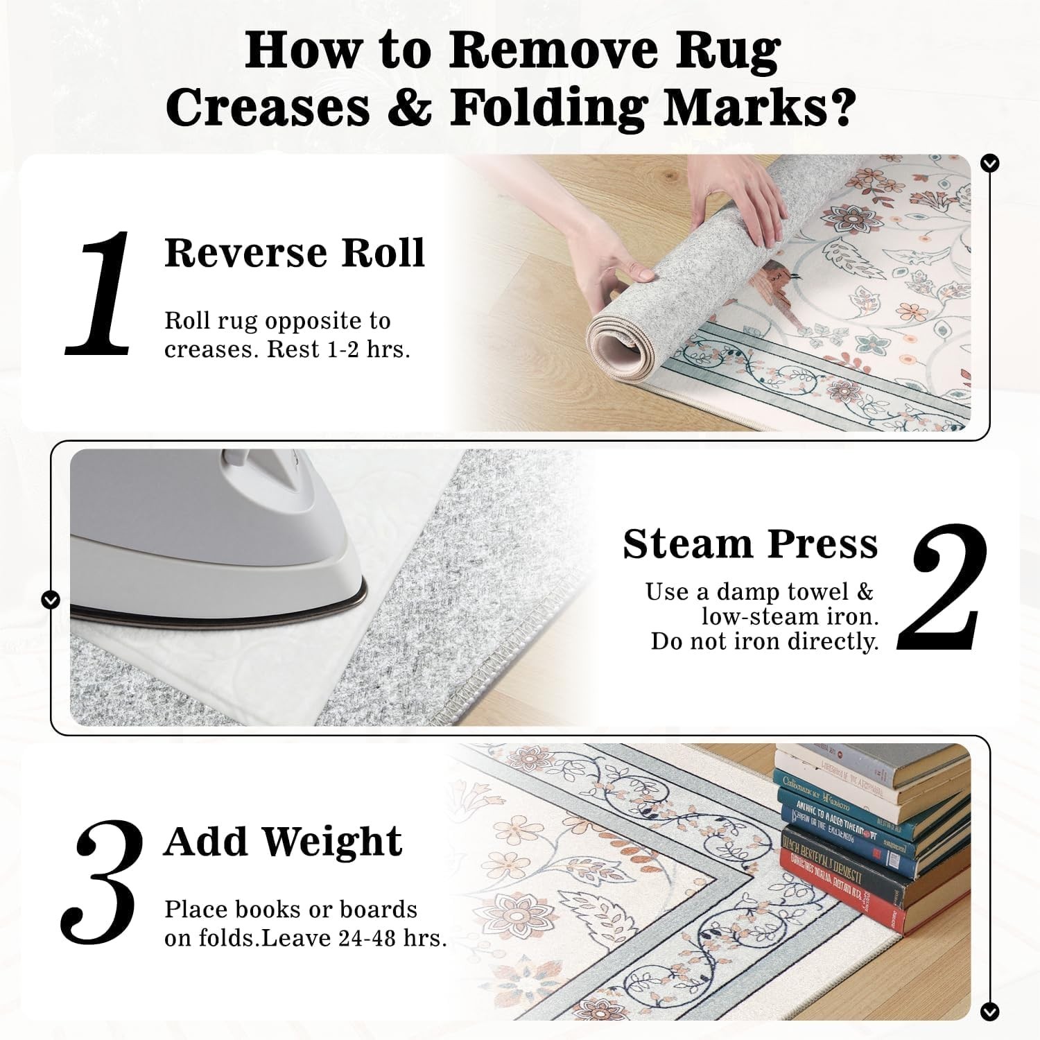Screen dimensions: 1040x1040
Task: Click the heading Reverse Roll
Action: click(294, 252)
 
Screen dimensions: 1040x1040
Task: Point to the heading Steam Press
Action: click(749, 544)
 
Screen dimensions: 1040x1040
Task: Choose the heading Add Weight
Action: click(283, 841)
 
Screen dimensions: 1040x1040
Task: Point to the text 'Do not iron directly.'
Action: click(764, 641)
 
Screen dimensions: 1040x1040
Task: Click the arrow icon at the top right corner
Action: click(991, 164)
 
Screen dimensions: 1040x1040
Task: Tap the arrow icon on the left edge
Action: click(51, 599)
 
